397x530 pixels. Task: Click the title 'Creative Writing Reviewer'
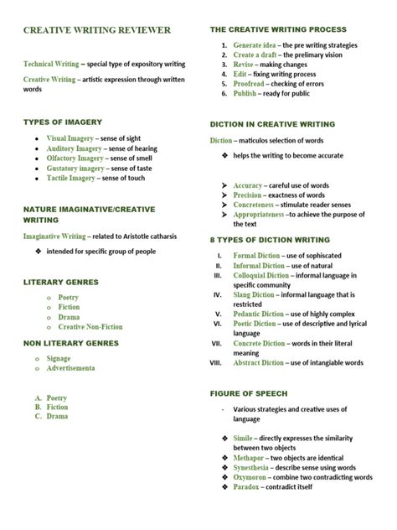pyautogui.click(x=96, y=30)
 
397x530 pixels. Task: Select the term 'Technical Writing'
pyautogui.click(x=51, y=64)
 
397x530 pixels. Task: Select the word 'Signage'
pyautogui.click(x=70, y=358)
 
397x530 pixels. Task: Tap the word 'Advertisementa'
pyautogui.click(x=83, y=368)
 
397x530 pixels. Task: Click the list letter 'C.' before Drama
pyautogui.click(x=39, y=416)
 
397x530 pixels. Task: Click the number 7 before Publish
pyautogui.click(x=224, y=94)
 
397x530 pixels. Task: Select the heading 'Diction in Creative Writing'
pyautogui.click(x=272, y=124)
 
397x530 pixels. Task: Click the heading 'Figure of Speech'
pyautogui.click(x=249, y=393)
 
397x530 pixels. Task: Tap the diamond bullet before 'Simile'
pyautogui.click(x=224, y=438)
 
